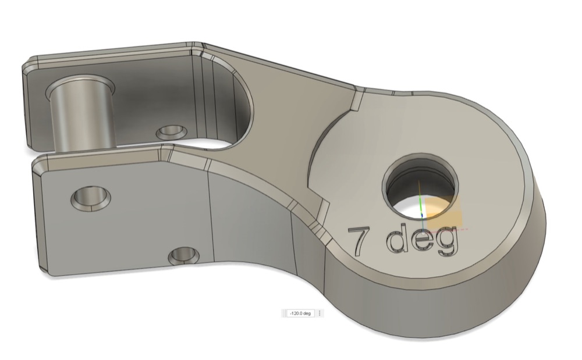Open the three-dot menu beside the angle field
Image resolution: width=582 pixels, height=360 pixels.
[320, 313]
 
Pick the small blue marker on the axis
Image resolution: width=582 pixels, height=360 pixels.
[422, 215]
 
